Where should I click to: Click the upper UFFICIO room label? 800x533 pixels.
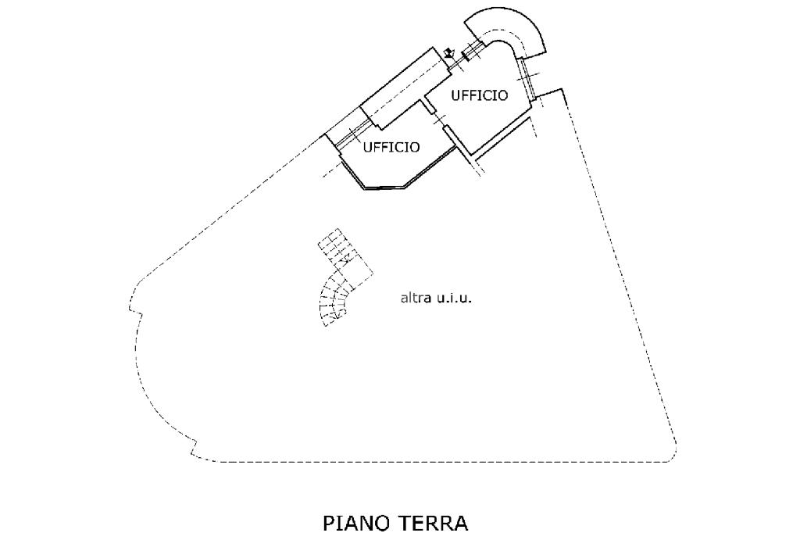pos(479,95)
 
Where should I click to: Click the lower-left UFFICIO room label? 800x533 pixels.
pos(391,146)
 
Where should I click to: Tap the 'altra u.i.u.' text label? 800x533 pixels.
pos(437,297)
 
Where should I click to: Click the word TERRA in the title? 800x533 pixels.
pos(433,522)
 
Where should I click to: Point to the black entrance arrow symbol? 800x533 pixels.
pos(449,53)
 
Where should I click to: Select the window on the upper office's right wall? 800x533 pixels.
pos(528,81)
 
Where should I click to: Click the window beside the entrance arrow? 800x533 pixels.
pos(468,52)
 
